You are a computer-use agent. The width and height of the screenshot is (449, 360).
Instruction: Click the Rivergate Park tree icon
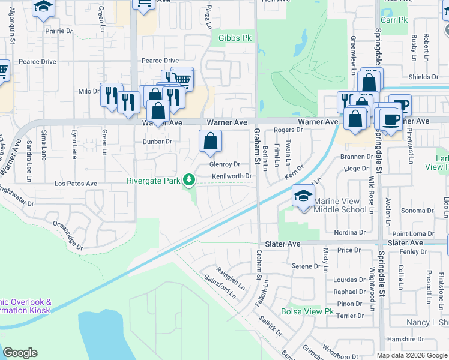189,179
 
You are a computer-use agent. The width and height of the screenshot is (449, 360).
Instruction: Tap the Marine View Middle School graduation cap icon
303,196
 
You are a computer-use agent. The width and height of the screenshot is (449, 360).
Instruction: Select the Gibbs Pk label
234,38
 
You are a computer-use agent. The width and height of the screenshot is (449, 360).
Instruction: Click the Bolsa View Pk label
307,311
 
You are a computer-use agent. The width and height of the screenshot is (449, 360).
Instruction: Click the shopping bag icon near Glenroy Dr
210,142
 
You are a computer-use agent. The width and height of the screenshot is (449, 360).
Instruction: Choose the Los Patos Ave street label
76,184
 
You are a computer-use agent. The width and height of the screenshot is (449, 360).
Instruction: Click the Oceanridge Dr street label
67,235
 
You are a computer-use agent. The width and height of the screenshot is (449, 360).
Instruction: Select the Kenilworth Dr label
231,176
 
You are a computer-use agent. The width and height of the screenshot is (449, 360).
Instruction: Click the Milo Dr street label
89,91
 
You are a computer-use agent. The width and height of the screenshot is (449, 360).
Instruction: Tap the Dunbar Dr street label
157,142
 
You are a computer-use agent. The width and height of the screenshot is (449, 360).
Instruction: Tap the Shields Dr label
423,77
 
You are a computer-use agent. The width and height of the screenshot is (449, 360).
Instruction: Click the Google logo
20,352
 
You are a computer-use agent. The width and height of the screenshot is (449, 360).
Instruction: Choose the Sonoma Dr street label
412,211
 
